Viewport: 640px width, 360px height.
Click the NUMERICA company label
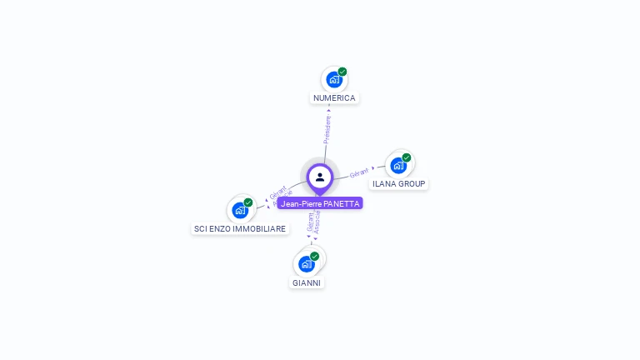point(334,98)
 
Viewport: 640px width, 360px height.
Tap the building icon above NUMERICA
point(333,80)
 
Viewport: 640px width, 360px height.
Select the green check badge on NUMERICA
point(342,72)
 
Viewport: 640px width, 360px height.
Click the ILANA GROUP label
point(399,183)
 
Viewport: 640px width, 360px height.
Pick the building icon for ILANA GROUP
point(397,165)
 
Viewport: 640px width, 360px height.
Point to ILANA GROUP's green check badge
point(407,157)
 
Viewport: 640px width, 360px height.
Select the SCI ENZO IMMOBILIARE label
point(240,228)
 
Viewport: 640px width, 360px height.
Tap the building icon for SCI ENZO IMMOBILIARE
point(240,210)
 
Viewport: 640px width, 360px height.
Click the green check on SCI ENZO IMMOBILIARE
point(248,202)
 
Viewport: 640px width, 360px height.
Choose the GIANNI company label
point(307,282)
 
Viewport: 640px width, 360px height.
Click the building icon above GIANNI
point(307,264)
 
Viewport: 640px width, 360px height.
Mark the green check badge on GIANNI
point(315,256)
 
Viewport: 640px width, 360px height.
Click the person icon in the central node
point(320,177)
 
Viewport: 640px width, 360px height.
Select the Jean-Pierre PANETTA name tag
point(320,203)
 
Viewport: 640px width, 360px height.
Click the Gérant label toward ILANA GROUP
point(359,172)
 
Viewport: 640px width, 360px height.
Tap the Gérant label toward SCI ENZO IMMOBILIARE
point(277,192)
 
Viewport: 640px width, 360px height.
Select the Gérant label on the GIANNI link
point(310,222)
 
